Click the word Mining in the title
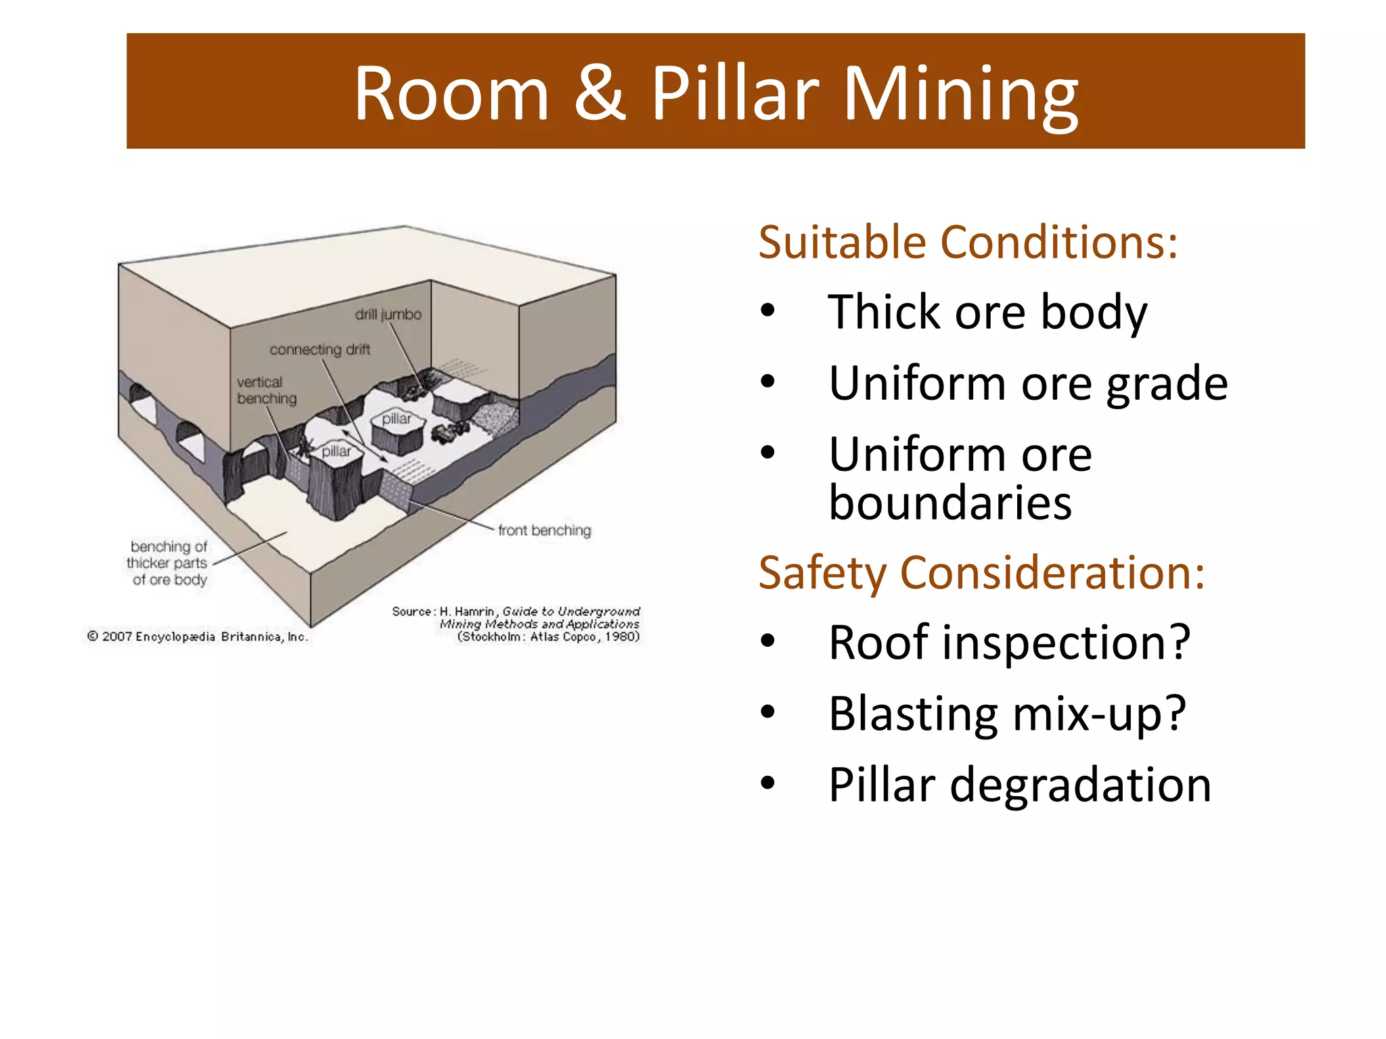961,95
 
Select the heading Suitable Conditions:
968,242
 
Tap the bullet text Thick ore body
987,313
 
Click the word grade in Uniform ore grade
1167,384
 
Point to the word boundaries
950,503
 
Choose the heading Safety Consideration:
981,573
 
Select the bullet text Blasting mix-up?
1007,714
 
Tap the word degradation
1080,785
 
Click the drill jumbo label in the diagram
388,315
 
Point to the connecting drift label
319,350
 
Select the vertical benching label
267,390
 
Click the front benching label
544,530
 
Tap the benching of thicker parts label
169,563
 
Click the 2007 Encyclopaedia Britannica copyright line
198,637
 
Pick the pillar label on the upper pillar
397,419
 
